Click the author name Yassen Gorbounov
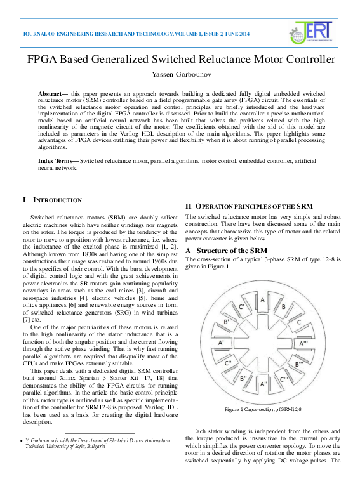pyautogui.click(x=180, y=74)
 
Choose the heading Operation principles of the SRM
pyautogui.click(x=249, y=206)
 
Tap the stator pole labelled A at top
pyautogui.click(x=263, y=299)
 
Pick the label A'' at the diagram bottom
pyautogui.click(x=263, y=384)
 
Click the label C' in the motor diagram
pyautogui.click(x=242, y=307)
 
